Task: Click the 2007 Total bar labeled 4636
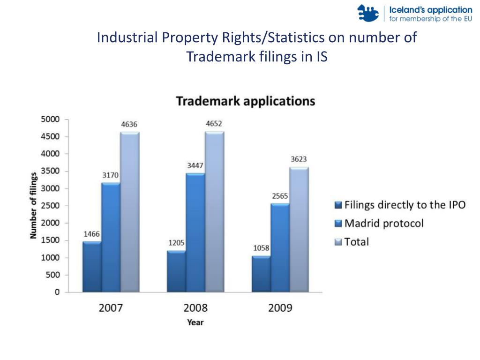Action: pyautogui.click(x=130, y=212)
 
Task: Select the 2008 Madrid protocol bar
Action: pyautogui.click(x=195, y=232)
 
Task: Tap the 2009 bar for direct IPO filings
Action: pyautogui.click(x=261, y=274)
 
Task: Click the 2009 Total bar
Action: pyautogui.click(x=299, y=230)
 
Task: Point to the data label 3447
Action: pyautogui.click(x=195, y=166)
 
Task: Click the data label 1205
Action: pyautogui.click(x=177, y=243)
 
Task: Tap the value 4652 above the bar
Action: pyautogui.click(x=214, y=124)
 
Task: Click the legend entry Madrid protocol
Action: pyautogui.click(x=383, y=223)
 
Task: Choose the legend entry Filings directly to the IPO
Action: pyautogui.click(x=404, y=205)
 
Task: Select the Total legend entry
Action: pyautogui.click(x=356, y=242)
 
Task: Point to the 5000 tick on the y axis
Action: pyautogui.click(x=50, y=119)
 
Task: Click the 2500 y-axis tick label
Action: pyautogui.click(x=50, y=206)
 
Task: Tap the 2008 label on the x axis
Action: pyautogui.click(x=195, y=308)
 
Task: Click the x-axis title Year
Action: pyautogui.click(x=195, y=322)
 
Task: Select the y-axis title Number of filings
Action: pyautogui.click(x=33, y=205)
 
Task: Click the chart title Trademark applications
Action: pyautogui.click(x=245, y=101)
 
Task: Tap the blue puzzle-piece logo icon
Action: pyautogui.click(x=368, y=13)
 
